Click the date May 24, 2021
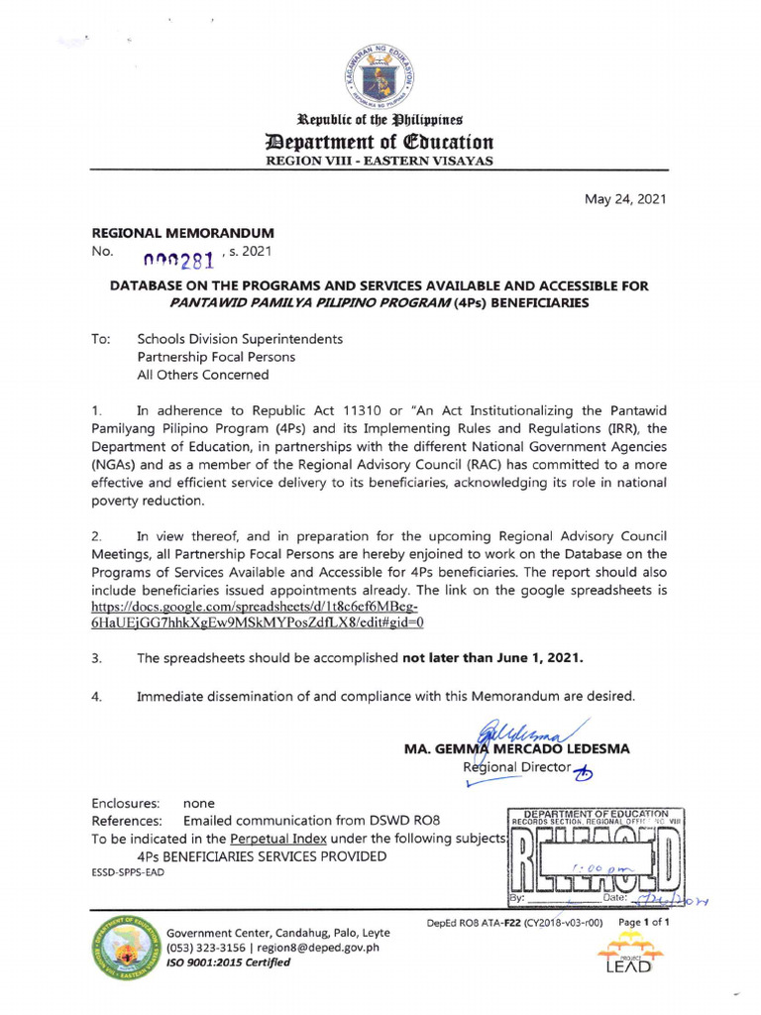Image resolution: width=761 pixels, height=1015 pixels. (x=625, y=199)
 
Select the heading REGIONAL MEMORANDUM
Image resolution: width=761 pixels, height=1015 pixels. (x=182, y=232)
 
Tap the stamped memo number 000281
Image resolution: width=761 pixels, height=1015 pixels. (x=185, y=260)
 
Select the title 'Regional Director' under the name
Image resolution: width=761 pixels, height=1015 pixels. (x=516, y=767)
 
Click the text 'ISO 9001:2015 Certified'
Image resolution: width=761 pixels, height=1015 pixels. (x=229, y=962)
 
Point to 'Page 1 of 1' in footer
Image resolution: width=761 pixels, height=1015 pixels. (x=644, y=922)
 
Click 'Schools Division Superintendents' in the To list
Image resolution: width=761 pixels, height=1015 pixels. (x=240, y=339)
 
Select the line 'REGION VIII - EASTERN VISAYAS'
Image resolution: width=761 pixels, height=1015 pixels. (x=380, y=161)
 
